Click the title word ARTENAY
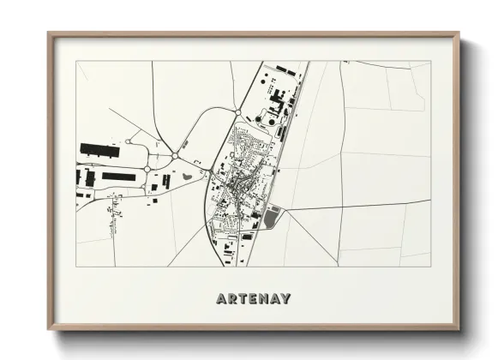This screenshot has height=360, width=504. pyautogui.click(x=253, y=299)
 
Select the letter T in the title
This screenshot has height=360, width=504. pyautogui.click(x=244, y=299)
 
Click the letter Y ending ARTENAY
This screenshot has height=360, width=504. pyautogui.click(x=285, y=299)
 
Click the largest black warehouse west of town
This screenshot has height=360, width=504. pyautogui.click(x=101, y=149)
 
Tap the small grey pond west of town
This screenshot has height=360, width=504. pyautogui.click(x=187, y=178)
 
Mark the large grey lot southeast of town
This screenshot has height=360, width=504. pyautogui.click(x=271, y=218)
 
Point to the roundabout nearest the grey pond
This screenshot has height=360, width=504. pyautogui.click(x=175, y=157)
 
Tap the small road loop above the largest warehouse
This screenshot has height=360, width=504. pyautogui.click(x=129, y=141)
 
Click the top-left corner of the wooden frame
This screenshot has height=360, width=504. pyautogui.click(x=49, y=34)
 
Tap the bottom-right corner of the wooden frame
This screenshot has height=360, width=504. pyautogui.click(x=458, y=329)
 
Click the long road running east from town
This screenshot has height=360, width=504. pyautogui.click(x=360, y=205)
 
